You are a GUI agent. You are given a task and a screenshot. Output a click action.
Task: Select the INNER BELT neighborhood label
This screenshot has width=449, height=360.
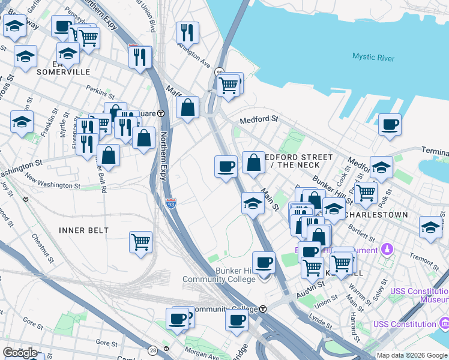(x=83, y=230)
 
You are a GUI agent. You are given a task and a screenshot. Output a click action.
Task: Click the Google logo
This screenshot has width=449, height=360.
(x=20, y=353)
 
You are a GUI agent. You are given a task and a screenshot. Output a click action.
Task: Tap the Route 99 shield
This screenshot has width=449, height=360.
(x=220, y=71)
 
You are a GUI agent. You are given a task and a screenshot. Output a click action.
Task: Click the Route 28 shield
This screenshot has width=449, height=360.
(x=152, y=349)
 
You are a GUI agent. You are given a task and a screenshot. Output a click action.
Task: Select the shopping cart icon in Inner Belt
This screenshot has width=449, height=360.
(x=140, y=242)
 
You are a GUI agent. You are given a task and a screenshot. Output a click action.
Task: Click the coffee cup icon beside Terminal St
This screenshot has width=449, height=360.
(x=390, y=125)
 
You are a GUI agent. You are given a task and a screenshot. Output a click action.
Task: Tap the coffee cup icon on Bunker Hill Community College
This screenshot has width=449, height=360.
(x=264, y=262)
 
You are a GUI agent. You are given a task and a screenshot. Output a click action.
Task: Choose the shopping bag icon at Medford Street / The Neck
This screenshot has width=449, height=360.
(x=253, y=162)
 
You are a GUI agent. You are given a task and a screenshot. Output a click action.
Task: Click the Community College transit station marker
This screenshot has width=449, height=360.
(x=263, y=309)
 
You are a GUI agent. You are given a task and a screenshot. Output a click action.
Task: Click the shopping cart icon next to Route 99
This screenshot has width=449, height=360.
(x=229, y=85)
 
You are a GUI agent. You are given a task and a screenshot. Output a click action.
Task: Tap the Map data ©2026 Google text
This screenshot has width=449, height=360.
(x=412, y=355)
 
